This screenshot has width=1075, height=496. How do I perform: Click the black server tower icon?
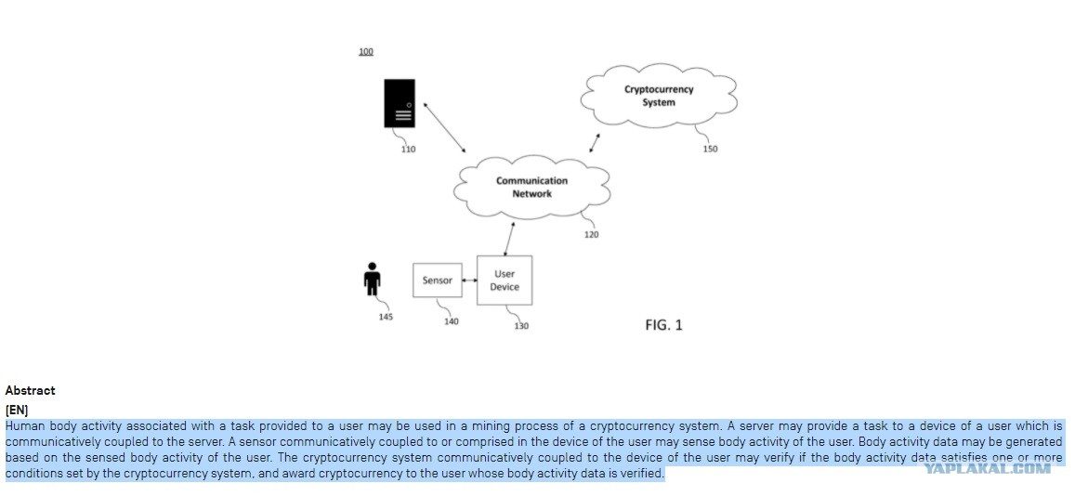399,103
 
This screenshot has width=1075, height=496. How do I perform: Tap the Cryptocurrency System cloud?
659,96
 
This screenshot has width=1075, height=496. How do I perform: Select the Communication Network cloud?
532,187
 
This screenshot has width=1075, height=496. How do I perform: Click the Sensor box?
438,281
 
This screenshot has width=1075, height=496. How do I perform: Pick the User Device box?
505,281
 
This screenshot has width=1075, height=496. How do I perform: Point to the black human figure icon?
373,279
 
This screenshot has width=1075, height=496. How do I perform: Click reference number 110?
408,150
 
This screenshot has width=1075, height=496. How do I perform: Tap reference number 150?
710,150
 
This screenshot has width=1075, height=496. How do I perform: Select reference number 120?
591,235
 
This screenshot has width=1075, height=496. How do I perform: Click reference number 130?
521,326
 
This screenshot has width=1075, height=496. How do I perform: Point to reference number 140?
452,322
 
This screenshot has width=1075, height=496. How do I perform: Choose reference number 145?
386,317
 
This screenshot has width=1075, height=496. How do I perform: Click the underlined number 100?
366,51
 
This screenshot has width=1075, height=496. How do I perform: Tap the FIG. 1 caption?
663,325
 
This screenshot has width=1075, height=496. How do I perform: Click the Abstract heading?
30,390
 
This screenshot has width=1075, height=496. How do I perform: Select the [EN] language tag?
17,411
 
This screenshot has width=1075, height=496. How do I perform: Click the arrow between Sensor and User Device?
470,281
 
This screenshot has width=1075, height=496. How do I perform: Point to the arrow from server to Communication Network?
444,127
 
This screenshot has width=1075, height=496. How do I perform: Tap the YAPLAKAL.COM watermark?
987,468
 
